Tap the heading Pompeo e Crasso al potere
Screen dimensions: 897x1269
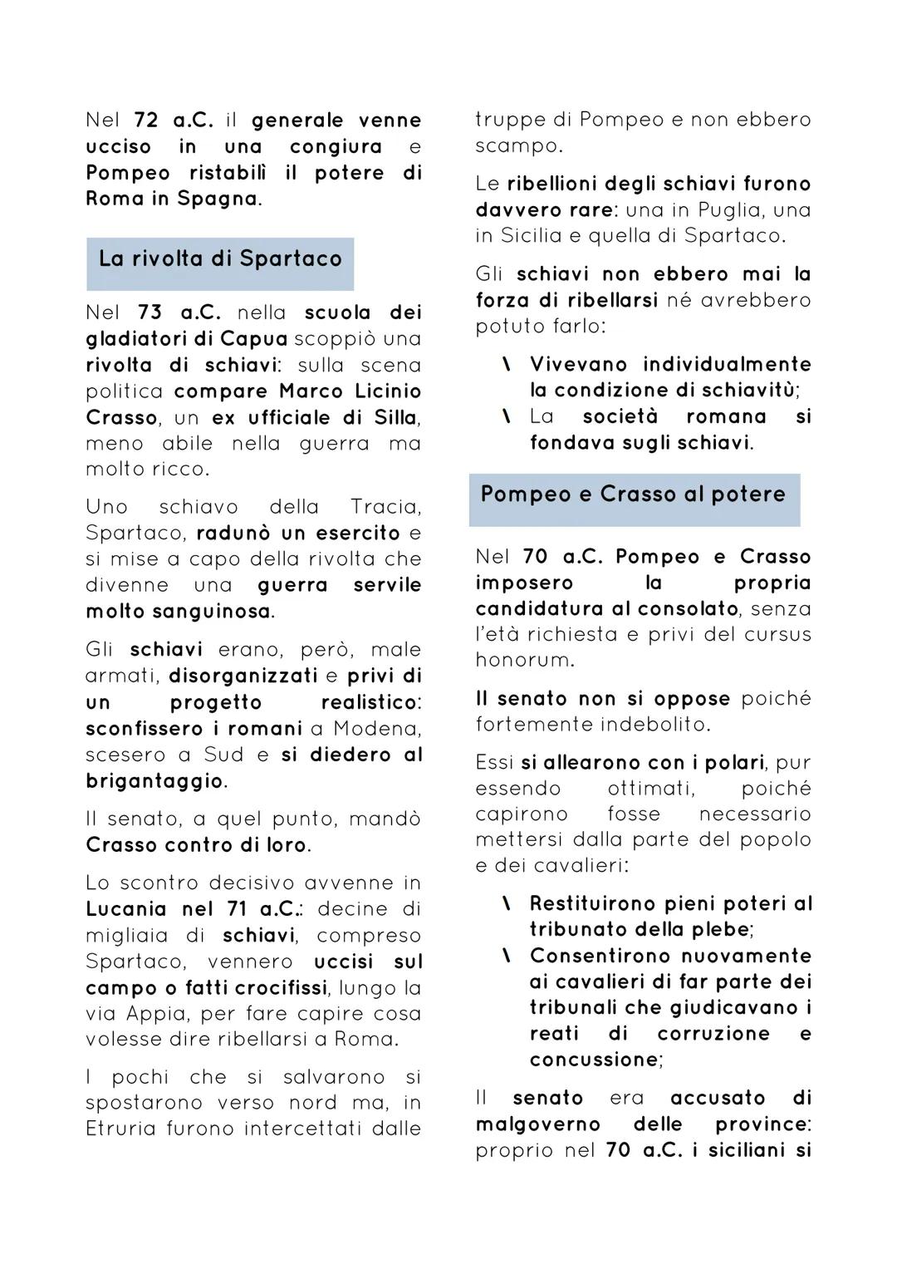[633, 494]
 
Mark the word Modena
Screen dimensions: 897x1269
[376, 729]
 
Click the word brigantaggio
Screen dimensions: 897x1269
[154, 781]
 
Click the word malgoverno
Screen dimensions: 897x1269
[537, 1124]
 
